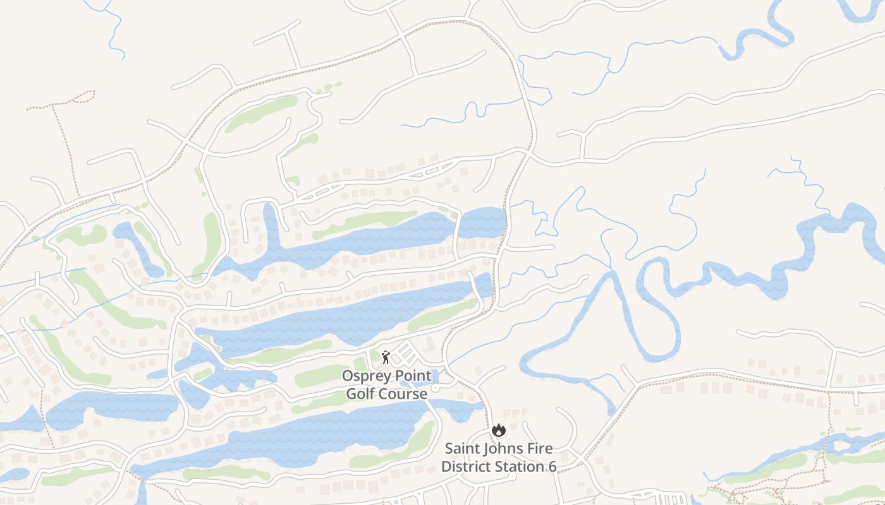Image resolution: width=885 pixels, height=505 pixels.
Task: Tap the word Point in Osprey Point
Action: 410,376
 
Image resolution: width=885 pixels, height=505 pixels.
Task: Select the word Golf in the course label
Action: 362,395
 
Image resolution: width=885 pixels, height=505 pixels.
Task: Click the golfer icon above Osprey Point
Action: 386,357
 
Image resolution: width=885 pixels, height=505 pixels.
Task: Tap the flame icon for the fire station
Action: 499,431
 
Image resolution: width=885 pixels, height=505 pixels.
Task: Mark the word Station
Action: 522,467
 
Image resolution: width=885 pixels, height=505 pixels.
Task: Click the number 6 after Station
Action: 552,467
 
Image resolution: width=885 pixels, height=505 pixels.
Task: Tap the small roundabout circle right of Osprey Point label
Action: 436,388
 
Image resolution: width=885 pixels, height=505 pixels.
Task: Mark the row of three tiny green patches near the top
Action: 329,87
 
